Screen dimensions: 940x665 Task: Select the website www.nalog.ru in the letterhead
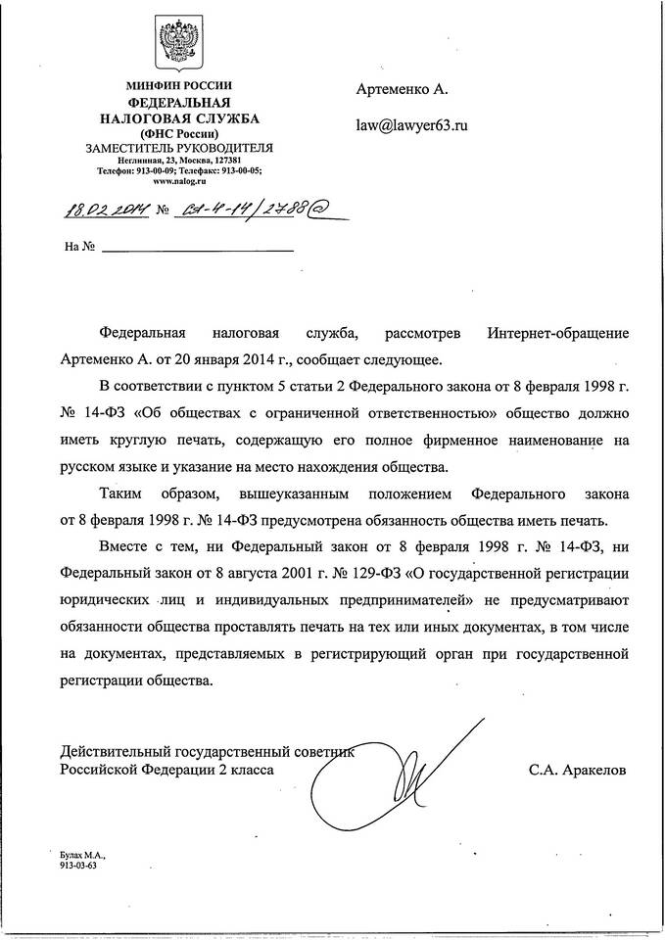178,180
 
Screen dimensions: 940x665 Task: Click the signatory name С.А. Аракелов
575,771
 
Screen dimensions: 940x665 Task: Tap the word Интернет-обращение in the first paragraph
556,333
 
